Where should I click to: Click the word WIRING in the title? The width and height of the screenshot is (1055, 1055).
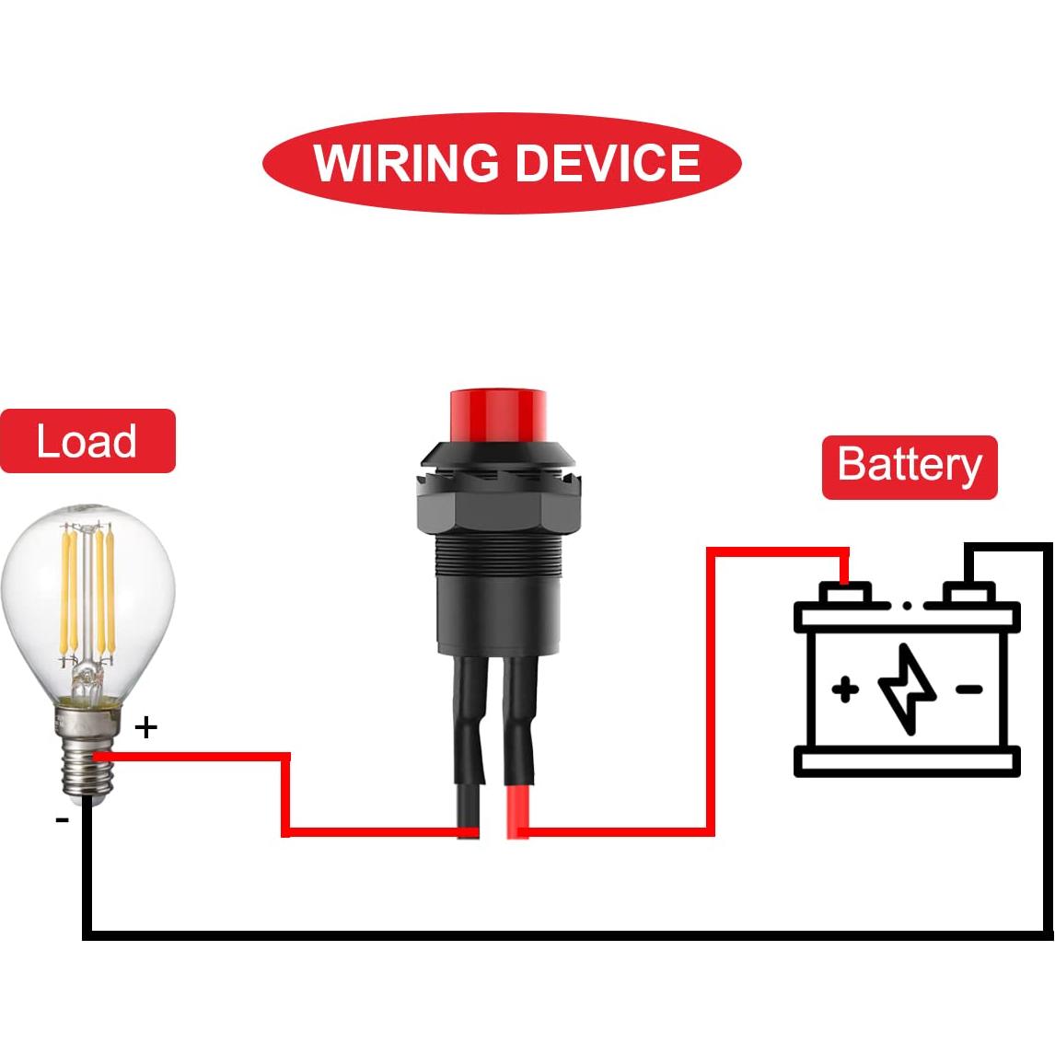(x=407, y=164)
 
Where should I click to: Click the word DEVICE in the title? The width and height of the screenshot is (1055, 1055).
(x=608, y=164)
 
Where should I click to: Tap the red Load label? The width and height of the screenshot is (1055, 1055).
(x=87, y=441)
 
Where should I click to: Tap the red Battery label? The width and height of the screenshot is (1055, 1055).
(x=909, y=467)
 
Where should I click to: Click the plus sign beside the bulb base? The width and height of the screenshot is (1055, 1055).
(x=146, y=728)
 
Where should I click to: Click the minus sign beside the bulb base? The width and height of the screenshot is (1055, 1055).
(x=62, y=818)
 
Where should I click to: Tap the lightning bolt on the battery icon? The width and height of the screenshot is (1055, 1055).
(x=908, y=690)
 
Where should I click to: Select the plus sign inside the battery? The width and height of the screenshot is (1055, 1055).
(x=845, y=689)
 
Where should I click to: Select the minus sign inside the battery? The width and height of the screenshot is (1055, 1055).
(x=968, y=689)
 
